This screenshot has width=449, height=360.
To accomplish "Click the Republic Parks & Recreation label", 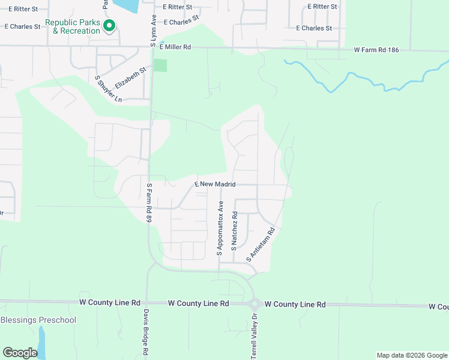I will click(x=73, y=26).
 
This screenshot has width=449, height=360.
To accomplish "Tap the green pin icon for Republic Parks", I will click(x=109, y=26).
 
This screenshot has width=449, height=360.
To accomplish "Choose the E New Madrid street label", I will click(x=214, y=184).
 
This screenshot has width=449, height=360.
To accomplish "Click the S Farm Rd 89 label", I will click(x=149, y=203).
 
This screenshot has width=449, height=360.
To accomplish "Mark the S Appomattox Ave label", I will click(x=220, y=228).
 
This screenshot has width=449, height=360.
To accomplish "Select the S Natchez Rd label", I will click(x=235, y=231).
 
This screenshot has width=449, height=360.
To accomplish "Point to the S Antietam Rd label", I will click(x=261, y=244).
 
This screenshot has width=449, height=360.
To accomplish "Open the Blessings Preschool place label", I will click(x=38, y=320).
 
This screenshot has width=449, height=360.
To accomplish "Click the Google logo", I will click(x=20, y=353).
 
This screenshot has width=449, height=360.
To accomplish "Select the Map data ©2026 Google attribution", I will click(x=411, y=355).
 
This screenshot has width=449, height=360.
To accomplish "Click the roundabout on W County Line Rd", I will click(x=255, y=304).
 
